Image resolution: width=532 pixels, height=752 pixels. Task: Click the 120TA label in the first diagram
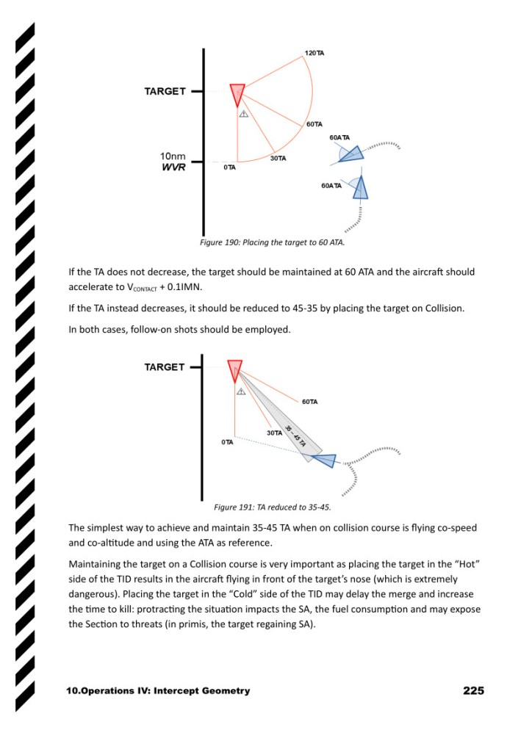coord(314,54)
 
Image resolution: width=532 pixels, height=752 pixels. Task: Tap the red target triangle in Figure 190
coord(237,94)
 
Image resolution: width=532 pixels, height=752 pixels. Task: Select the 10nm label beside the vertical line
coord(173,156)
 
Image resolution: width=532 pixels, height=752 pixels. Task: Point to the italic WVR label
coord(173,167)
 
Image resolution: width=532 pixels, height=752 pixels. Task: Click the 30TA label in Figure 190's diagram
coord(278,159)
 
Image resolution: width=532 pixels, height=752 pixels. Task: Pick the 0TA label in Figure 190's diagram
coord(229,167)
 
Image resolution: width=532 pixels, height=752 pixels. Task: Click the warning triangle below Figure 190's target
coord(243,114)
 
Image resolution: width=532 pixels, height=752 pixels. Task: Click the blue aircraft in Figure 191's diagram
coord(323,460)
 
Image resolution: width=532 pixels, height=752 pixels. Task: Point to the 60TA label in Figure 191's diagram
coord(309,402)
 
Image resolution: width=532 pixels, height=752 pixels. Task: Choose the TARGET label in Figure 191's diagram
coord(165,367)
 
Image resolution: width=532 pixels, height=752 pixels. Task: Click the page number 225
coord(473,690)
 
